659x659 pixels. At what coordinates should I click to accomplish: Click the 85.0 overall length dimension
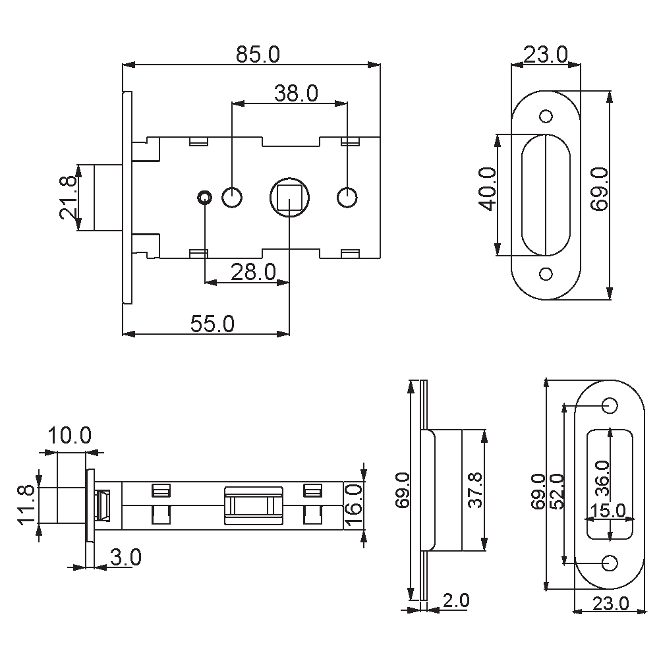[x=258, y=55]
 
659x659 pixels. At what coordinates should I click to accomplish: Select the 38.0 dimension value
[x=296, y=94]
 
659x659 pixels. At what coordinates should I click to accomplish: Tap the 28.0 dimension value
[x=253, y=272]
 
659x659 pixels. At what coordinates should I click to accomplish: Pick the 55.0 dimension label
[x=212, y=324]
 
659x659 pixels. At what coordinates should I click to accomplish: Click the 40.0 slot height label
[x=487, y=189]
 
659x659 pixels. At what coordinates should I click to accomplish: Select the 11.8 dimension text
[x=26, y=505]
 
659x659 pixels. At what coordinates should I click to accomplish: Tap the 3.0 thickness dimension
[x=125, y=558]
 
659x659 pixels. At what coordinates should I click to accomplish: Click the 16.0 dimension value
[x=354, y=505]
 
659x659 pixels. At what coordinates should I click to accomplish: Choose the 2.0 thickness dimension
[x=455, y=601]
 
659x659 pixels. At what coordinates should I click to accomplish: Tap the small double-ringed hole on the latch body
[x=204, y=196]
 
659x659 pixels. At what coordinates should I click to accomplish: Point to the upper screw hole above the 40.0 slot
[x=546, y=117]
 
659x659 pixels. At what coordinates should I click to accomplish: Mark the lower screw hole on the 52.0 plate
[x=610, y=562]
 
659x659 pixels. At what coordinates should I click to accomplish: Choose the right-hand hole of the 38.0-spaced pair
[x=347, y=197]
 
